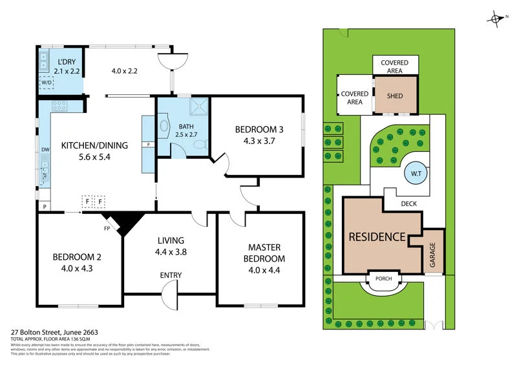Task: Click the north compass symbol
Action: [x=497, y=19]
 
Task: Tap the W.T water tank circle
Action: [x=414, y=173]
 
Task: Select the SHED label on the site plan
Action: [x=394, y=96]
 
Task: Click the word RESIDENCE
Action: [x=377, y=237]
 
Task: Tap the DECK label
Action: [x=408, y=204]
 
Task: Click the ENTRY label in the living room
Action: [x=171, y=276]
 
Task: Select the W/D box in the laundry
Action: [x=47, y=83]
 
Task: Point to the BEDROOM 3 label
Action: [x=258, y=129]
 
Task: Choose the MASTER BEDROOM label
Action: [x=266, y=253]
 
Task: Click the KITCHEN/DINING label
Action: [x=94, y=145]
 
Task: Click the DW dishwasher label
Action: [x=45, y=150]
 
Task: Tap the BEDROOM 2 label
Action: [x=77, y=257]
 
